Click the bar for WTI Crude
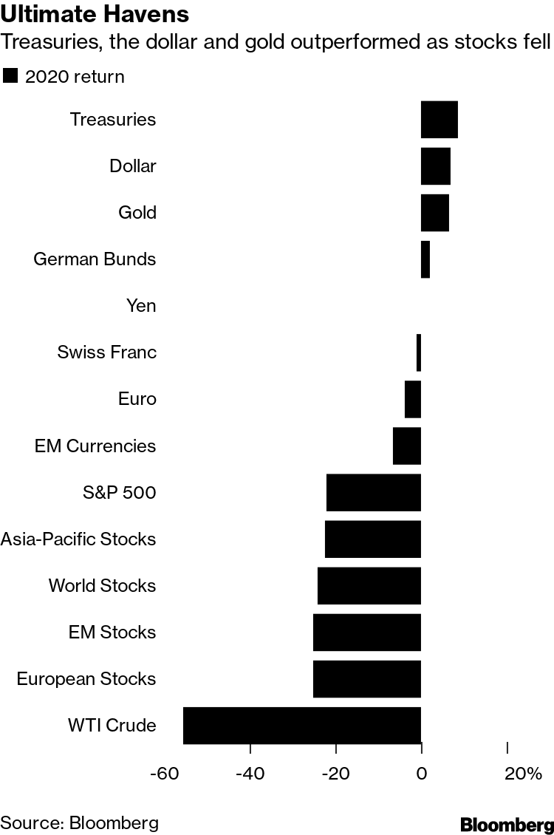(302, 725)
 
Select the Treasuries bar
(440, 120)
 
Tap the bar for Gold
(435, 213)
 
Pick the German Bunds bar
(425, 259)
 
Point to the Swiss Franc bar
(419, 352)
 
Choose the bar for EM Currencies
(407, 446)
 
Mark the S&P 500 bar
(374, 493)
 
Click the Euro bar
(413, 399)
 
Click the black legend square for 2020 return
(10, 76)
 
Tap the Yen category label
(141, 306)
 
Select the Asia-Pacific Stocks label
(78, 539)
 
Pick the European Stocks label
(86, 679)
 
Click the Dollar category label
(133, 166)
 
